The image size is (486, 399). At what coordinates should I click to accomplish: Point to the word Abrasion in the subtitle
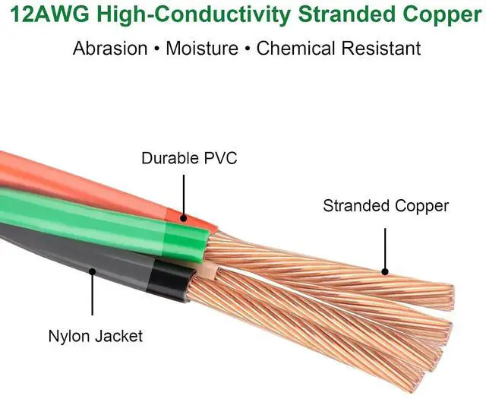[110, 49]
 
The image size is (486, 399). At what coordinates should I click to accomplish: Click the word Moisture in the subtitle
[201, 49]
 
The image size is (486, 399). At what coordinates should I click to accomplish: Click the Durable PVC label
[189, 159]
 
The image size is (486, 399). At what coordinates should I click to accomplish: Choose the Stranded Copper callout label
[386, 206]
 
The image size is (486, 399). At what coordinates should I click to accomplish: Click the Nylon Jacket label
[96, 336]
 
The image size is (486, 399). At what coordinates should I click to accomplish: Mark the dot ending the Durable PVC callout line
[183, 218]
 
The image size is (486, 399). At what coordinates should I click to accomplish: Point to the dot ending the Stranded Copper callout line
[385, 271]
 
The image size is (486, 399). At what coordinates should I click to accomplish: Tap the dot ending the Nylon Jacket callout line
[93, 270]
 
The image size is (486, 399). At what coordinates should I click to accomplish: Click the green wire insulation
[99, 220]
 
